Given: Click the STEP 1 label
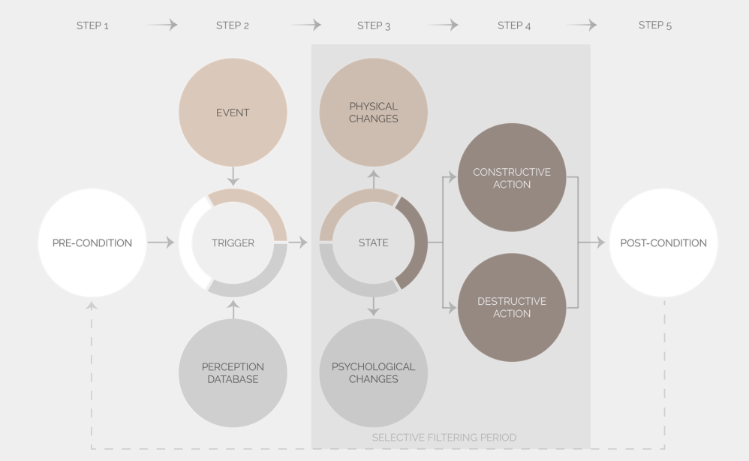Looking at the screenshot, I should pyautogui.click(x=92, y=26).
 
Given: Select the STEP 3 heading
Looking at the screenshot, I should pyautogui.click(x=374, y=26).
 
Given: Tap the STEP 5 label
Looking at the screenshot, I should pyautogui.click(x=655, y=26).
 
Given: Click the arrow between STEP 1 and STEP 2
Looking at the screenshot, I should pyautogui.click(x=162, y=26).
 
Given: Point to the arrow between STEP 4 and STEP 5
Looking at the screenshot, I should pyautogui.click(x=582, y=26).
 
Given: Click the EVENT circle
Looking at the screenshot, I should pyautogui.click(x=233, y=113).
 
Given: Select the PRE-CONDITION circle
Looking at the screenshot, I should pyautogui.click(x=92, y=243).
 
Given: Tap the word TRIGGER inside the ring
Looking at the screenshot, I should pyautogui.click(x=233, y=243).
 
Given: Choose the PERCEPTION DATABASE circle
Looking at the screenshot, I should pyautogui.click(x=233, y=373).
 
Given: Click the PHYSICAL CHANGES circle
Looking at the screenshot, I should pyautogui.click(x=374, y=113).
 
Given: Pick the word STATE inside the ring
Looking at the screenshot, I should pyautogui.click(x=374, y=243).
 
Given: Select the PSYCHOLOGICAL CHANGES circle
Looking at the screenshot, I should pyautogui.click(x=374, y=373).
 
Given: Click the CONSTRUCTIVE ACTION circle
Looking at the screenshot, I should pyautogui.click(x=512, y=178).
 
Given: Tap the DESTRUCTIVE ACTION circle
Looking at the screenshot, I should pyautogui.click(x=512, y=308).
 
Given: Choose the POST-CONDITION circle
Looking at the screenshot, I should pyautogui.click(x=663, y=243).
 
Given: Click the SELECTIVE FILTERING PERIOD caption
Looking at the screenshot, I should pyautogui.click(x=444, y=437).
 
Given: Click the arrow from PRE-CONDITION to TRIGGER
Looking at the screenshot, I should pyautogui.click(x=161, y=243).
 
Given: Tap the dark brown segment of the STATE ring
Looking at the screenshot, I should pyautogui.click(x=414, y=243).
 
